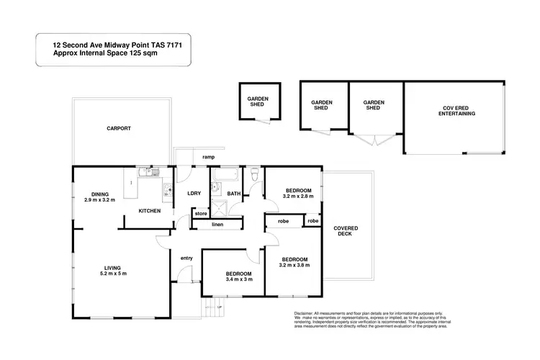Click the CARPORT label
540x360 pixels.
pyautogui.click(x=120, y=128)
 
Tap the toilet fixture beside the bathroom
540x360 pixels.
pyautogui.click(x=253, y=174)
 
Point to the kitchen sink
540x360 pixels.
pyautogui.click(x=166, y=192)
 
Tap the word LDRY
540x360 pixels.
pyautogui.click(x=194, y=193)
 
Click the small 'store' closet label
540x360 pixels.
pyautogui.click(x=200, y=213)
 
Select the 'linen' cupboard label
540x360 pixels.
pyautogui.click(x=217, y=225)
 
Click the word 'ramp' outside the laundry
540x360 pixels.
pyautogui.click(x=209, y=157)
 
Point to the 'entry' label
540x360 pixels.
pyautogui.click(x=186, y=258)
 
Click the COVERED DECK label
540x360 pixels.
pyautogui.click(x=346, y=232)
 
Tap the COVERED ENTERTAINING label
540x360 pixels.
pyautogui.click(x=459, y=111)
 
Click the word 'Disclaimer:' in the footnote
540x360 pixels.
pyautogui.click(x=307, y=314)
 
